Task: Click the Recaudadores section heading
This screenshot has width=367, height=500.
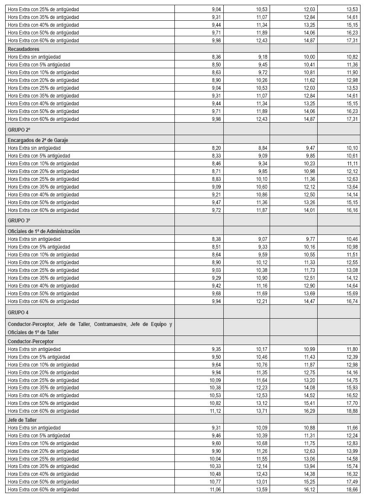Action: [23, 49]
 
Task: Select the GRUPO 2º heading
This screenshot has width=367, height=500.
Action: [19, 129]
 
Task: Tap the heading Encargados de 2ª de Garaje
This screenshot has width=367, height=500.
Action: [38, 140]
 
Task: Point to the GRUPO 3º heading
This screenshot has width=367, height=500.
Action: [19, 220]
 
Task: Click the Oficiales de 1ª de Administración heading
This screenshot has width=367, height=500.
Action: [44, 231]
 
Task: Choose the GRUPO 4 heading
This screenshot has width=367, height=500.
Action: [18, 312]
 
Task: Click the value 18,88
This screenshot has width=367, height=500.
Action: [352, 411]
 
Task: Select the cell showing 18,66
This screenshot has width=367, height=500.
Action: [352, 490]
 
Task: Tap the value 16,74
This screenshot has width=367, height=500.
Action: [352, 301]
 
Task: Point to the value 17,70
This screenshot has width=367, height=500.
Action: [352, 403]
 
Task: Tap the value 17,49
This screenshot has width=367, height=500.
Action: [352, 482]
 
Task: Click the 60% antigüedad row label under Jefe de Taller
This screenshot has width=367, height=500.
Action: [43, 490]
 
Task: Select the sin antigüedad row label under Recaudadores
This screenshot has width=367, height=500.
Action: [34, 57]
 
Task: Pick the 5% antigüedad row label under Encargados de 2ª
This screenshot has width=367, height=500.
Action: [39, 156]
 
